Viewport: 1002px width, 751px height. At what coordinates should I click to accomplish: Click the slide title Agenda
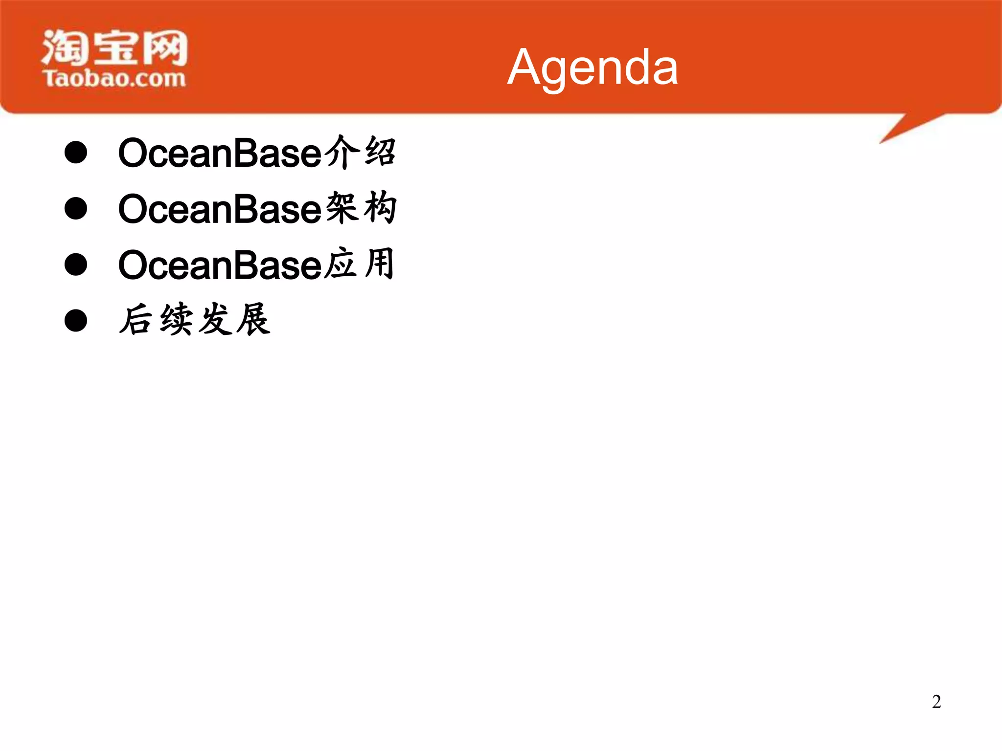click(592, 67)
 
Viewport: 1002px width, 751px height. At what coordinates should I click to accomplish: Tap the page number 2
click(936, 702)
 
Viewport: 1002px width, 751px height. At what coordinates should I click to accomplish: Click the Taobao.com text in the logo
click(114, 78)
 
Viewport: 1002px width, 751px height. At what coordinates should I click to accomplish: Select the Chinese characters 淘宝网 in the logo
click(114, 47)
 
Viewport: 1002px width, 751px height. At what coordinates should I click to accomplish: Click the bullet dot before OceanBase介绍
click(76, 153)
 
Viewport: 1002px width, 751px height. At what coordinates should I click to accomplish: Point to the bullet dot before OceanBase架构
click(76, 209)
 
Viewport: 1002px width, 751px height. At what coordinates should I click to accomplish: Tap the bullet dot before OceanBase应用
click(76, 265)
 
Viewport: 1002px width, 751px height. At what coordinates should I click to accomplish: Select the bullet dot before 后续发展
click(76, 320)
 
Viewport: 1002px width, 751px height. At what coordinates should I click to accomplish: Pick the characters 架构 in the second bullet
click(361, 208)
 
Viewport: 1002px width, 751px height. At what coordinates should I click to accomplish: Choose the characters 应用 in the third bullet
click(360, 264)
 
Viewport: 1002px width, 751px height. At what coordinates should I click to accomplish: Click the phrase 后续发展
click(195, 320)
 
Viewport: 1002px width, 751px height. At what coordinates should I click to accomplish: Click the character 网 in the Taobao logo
click(164, 47)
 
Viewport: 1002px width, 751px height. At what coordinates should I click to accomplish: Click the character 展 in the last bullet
click(252, 320)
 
